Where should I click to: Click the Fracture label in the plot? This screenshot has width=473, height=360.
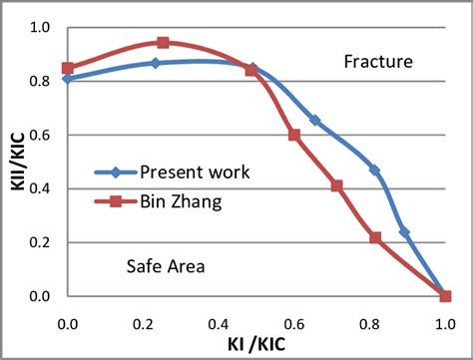tap(378, 62)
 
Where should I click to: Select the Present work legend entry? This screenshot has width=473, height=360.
tap(195, 172)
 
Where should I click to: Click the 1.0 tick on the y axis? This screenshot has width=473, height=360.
tap(38, 27)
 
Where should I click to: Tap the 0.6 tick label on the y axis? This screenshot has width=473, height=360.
tap(38, 135)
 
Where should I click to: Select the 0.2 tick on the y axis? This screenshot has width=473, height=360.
tap(38, 242)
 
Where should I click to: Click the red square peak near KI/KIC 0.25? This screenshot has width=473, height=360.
tap(163, 43)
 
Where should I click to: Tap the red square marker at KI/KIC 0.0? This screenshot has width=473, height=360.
tap(68, 68)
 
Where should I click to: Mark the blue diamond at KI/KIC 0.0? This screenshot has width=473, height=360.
tap(68, 78)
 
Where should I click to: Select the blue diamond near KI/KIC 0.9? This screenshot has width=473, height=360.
tap(404, 232)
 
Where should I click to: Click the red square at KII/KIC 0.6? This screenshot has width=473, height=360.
tap(294, 135)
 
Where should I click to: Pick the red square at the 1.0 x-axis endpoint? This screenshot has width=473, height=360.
tap(445, 296)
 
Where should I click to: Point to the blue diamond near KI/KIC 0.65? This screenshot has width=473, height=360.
tap(315, 120)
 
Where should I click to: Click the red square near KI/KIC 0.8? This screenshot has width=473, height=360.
tap(375, 237)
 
